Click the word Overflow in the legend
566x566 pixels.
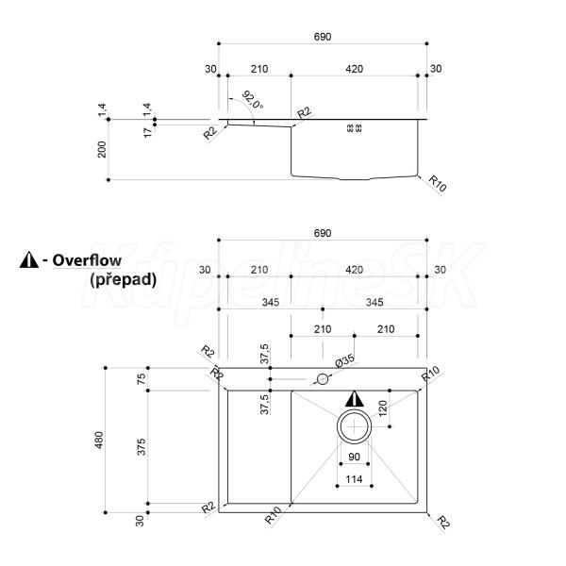pyautogui.click(x=87, y=260)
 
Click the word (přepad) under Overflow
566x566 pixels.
pyautogui.click(x=124, y=279)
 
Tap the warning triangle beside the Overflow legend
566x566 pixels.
pyautogui.click(x=29, y=259)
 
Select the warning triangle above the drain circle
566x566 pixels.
pyautogui.click(x=355, y=398)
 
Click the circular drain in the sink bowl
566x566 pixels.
pyautogui.click(x=354, y=409)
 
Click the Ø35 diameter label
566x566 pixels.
pyautogui.click(x=344, y=361)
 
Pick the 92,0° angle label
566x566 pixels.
pyautogui.click(x=252, y=100)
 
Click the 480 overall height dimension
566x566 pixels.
pyautogui.click(x=98, y=440)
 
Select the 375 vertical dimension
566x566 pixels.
pyautogui.click(x=141, y=446)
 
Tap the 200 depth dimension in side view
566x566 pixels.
pyautogui.click(x=102, y=149)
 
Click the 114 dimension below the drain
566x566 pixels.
pyautogui.click(x=354, y=479)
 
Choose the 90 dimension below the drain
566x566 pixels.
pyautogui.click(x=354, y=457)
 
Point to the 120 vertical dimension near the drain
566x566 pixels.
pyautogui.click(x=383, y=408)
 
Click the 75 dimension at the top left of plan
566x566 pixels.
pyautogui.click(x=141, y=378)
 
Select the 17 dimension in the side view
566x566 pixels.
pyautogui.click(x=148, y=132)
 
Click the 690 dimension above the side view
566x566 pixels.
pyautogui.click(x=323, y=37)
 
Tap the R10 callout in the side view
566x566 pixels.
pyautogui.click(x=438, y=183)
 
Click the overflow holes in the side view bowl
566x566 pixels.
pyautogui.click(x=354, y=127)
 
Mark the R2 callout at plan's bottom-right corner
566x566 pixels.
pyautogui.click(x=443, y=523)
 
